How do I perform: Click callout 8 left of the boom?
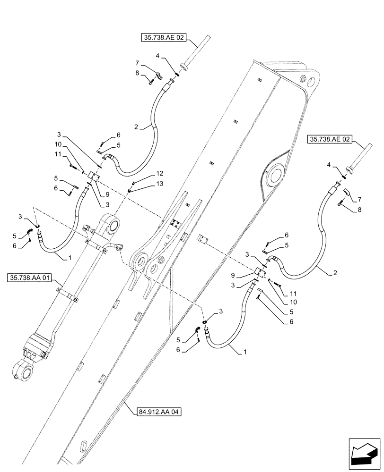click(x=137, y=73)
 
